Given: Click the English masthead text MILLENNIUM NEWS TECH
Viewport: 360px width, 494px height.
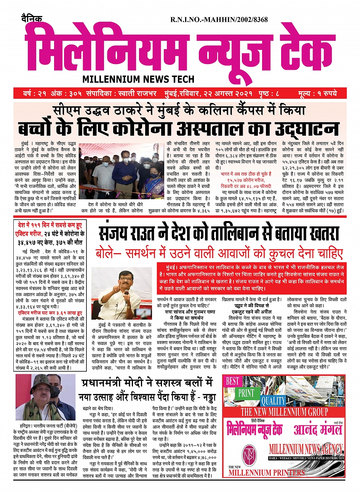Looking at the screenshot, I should (138, 79).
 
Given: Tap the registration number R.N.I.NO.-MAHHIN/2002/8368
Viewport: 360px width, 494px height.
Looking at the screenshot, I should (219, 20).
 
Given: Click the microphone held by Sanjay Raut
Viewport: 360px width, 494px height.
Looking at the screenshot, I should (126, 293).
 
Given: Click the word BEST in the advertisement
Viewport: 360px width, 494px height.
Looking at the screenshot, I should (232, 381).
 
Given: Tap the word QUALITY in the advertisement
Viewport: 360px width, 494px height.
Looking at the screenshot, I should (273, 401).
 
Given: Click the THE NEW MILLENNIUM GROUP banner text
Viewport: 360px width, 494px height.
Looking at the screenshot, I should (284, 412).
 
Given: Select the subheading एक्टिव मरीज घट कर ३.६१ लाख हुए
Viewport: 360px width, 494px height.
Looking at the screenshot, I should (50, 313).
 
